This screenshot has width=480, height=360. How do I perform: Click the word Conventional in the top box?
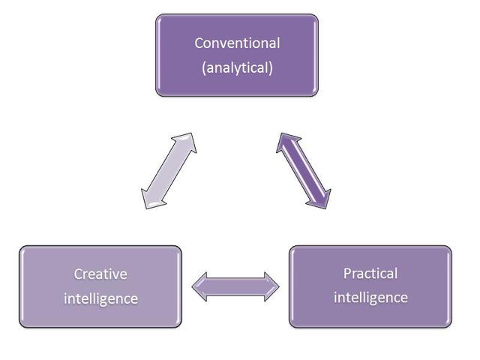tap(236, 43)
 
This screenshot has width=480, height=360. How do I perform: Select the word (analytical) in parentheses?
tap(237, 67)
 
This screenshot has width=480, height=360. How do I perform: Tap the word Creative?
tap(100, 273)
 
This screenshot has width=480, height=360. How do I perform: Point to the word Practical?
tap(370, 273)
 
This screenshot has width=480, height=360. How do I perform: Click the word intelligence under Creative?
tap(100, 298)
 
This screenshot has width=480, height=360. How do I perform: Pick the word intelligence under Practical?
tap(370, 298)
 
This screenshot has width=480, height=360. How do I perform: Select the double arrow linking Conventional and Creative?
tap(168, 171)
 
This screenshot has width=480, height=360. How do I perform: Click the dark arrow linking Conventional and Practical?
tap(304, 169)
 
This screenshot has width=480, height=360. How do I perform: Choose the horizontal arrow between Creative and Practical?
tap(235, 286)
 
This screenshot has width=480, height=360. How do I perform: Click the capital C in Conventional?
tap(199, 43)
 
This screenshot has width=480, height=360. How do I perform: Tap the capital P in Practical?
tap(347, 273)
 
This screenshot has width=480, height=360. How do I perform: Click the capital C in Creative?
tap(78, 273)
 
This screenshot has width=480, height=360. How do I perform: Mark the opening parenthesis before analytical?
tap(204, 68)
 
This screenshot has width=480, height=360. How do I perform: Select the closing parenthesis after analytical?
tap(270, 68)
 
